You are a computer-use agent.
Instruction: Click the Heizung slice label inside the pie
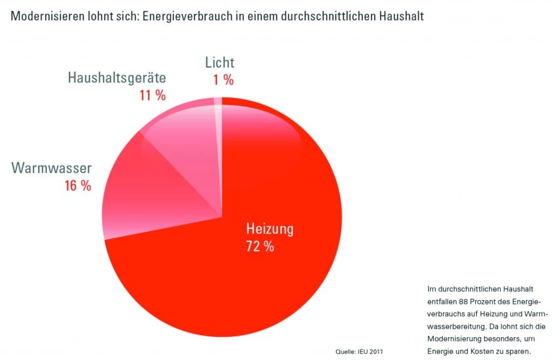[269, 229]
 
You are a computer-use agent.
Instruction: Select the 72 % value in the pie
[260, 247]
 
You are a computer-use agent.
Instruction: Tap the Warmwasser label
[52, 168]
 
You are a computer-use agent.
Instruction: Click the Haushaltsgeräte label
[117, 78]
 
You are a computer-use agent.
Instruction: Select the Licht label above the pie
[220, 62]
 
